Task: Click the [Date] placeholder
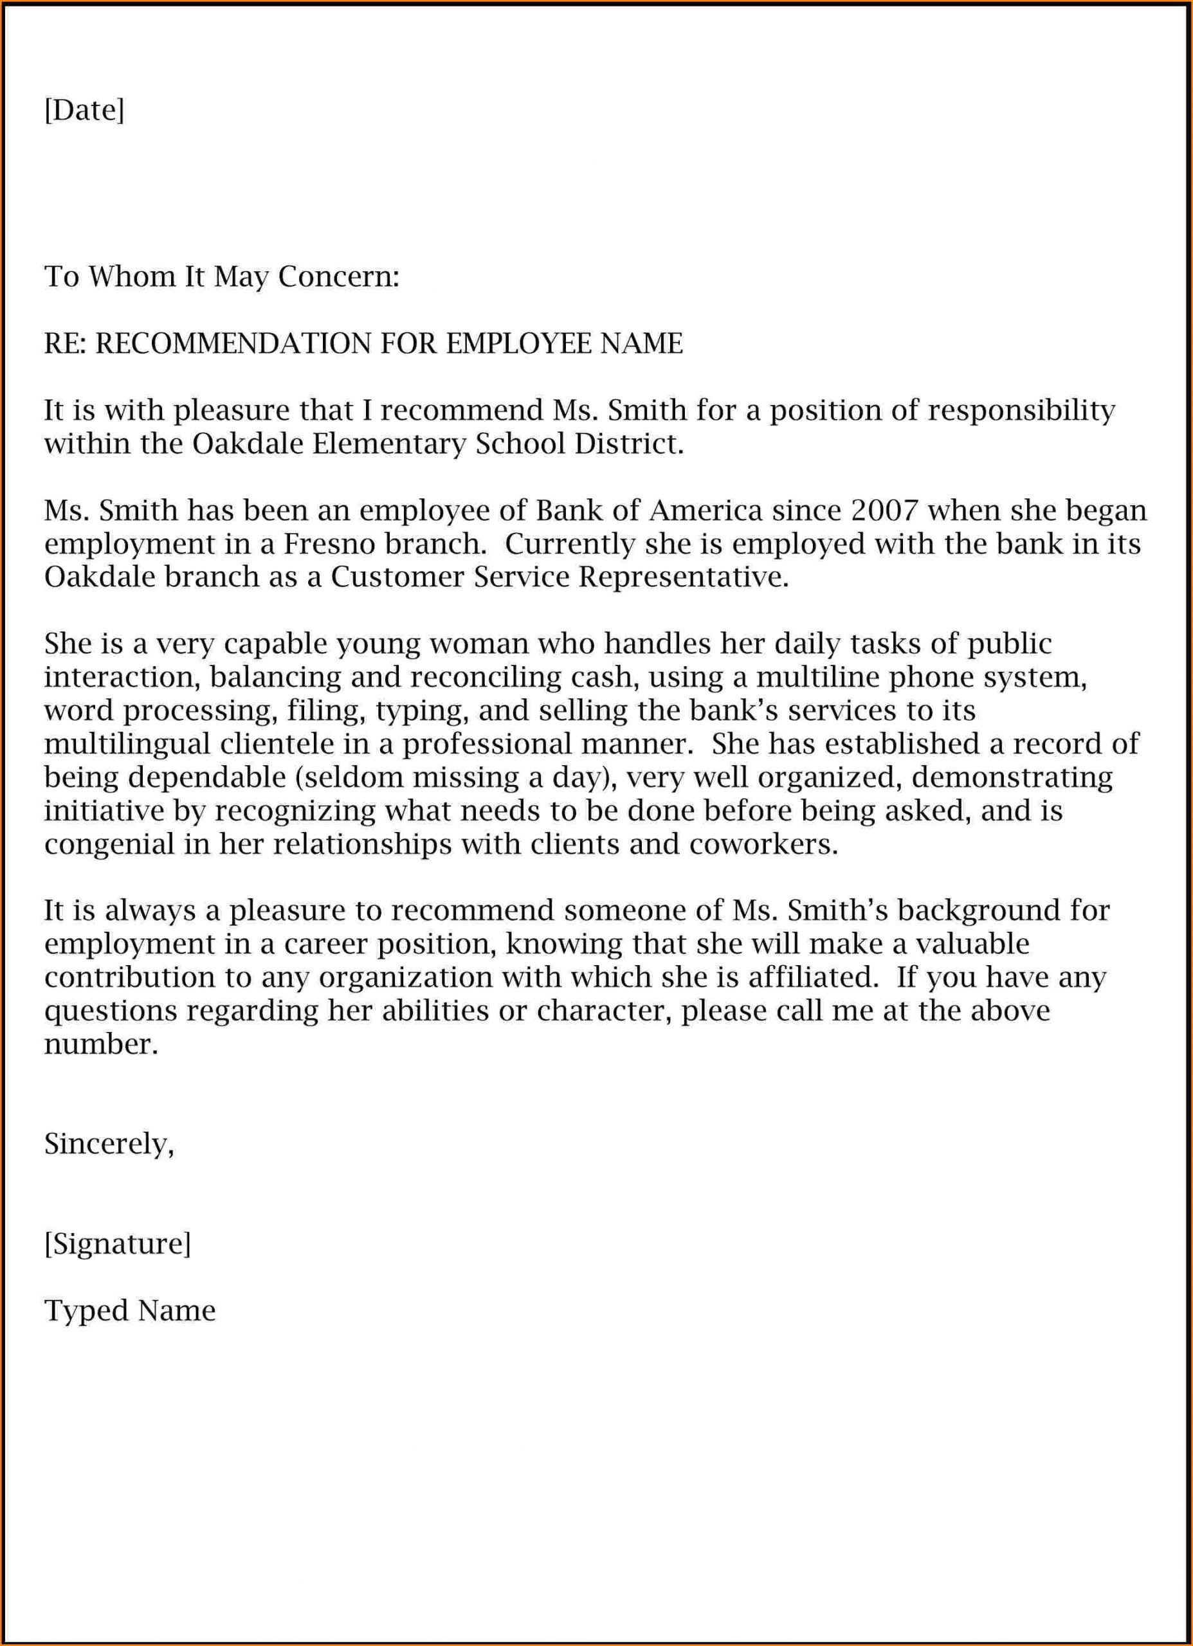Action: (84, 111)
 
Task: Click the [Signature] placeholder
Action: (118, 1244)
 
